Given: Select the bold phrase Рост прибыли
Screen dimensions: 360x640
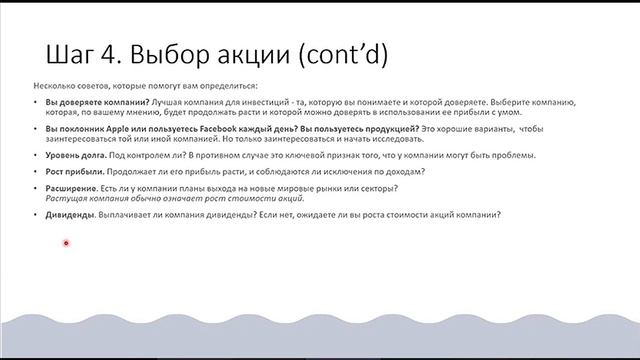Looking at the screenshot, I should click(71, 172).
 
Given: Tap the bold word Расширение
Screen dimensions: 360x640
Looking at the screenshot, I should click(69, 189).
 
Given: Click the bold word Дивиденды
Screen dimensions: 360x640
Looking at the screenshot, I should click(69, 215).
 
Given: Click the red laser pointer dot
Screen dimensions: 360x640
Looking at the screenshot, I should click(66, 243).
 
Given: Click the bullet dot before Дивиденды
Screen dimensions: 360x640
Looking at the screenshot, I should click(35, 215).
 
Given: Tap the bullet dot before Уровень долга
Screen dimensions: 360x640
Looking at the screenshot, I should click(35, 155).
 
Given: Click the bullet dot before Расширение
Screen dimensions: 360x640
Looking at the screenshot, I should click(35, 189).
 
